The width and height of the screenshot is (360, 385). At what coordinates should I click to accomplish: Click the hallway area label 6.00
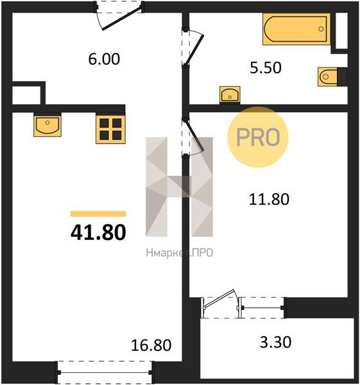(104, 59)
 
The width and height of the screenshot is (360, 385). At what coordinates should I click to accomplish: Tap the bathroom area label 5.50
(266, 68)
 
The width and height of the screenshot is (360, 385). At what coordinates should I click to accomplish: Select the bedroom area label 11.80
(269, 199)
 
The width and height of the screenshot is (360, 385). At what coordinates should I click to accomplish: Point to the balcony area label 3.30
(275, 342)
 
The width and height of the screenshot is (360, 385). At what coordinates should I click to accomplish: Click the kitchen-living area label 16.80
(151, 345)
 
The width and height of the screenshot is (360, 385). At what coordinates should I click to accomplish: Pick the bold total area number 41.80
(98, 232)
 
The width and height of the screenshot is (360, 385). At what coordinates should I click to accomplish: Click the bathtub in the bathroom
(296, 29)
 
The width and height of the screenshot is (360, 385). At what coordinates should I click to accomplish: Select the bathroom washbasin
(230, 95)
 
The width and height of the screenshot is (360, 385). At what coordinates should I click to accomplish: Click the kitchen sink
(47, 125)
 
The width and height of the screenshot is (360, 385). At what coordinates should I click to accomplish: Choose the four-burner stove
(110, 129)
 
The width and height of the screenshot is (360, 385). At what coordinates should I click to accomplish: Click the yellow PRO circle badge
(258, 137)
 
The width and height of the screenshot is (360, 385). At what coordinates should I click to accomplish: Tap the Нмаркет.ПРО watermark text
(180, 253)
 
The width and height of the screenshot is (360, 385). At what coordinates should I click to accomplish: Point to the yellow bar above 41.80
(98, 214)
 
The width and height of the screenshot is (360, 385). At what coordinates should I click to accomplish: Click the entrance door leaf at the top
(123, 19)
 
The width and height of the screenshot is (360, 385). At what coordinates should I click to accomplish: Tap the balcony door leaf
(219, 298)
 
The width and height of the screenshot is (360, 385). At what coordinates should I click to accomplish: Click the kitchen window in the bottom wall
(105, 372)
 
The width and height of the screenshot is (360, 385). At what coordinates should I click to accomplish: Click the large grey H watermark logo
(179, 187)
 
